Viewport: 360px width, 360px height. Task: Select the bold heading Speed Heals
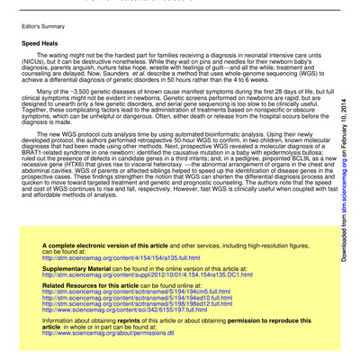tap(40, 42)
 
